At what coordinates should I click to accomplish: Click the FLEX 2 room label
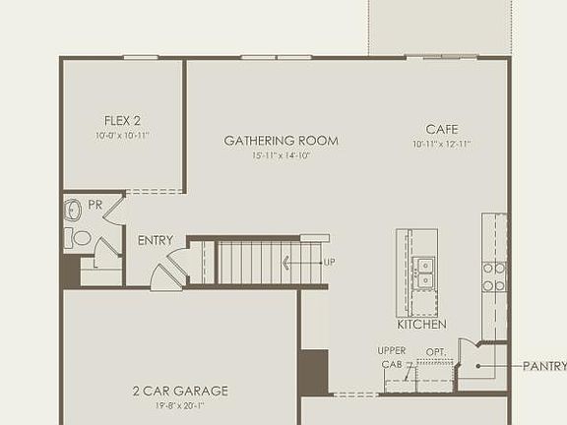[123, 121]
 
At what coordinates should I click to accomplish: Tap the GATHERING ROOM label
[281, 141]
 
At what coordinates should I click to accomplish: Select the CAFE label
[442, 129]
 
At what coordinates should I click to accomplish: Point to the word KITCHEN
[421, 325]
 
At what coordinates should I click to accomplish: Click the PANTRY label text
[544, 366]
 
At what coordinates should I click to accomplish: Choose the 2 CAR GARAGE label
[180, 391]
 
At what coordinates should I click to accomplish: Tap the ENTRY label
[156, 240]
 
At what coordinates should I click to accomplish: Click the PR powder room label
[95, 205]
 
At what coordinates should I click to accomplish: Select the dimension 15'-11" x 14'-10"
[281, 155]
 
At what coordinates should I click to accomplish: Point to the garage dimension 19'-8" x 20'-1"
[180, 404]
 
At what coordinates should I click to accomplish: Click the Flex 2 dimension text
[123, 135]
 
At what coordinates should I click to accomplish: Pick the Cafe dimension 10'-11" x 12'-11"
[442, 144]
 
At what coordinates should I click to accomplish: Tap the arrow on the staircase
[299, 263]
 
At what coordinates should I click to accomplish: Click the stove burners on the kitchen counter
[493, 276]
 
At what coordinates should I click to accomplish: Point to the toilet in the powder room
[81, 237]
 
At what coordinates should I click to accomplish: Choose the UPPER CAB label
[391, 357]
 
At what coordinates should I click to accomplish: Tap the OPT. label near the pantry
[435, 351]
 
